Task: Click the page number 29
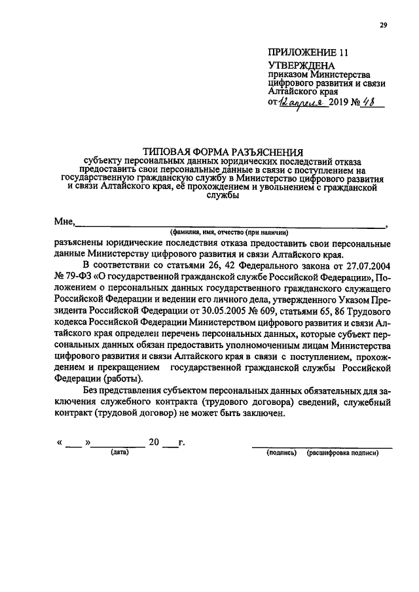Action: (384, 26)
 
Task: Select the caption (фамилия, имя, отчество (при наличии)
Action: (227, 232)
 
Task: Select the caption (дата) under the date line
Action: (118, 453)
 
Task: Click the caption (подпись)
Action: (282, 453)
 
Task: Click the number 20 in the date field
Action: (155, 442)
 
